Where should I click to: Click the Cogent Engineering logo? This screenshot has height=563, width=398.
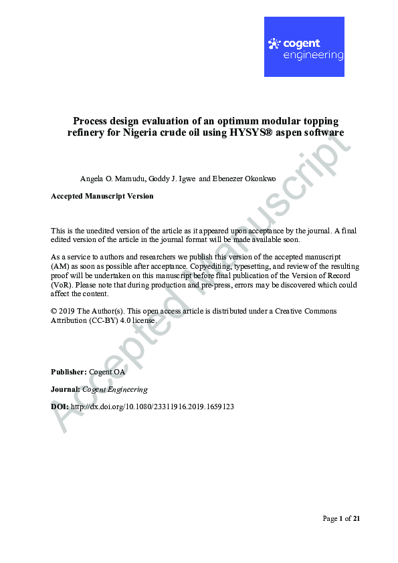coord(304,47)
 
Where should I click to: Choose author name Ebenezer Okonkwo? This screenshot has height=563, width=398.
coord(243,179)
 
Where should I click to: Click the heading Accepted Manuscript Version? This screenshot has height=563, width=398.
coord(102,196)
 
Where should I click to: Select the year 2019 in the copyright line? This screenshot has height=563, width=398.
coord(67,312)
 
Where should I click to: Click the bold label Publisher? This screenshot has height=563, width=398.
coord(68,371)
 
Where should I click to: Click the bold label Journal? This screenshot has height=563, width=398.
coord(66,389)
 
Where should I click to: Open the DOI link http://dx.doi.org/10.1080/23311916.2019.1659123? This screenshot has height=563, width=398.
coord(152,407)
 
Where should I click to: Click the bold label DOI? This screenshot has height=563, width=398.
coord(60,407)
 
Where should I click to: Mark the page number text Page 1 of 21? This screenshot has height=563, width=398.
coord(341,518)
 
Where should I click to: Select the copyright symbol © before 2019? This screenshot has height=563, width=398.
coord(54,312)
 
